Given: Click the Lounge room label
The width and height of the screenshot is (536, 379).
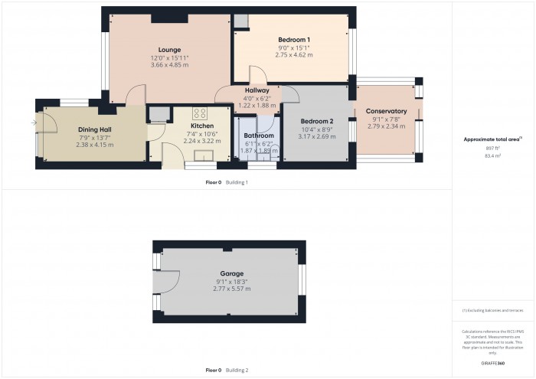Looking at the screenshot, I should click(x=169, y=50).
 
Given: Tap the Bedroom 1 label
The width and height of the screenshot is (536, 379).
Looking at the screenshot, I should click(x=294, y=40).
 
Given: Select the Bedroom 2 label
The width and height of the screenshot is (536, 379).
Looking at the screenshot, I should click(x=318, y=122).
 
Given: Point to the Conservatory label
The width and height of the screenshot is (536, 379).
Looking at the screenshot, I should click(x=386, y=112).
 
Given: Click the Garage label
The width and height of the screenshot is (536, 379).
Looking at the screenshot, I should click(x=233, y=273).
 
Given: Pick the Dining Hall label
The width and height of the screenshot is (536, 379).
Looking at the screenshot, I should click(x=95, y=129).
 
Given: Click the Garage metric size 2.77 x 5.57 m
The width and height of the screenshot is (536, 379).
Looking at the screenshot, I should click(x=233, y=289).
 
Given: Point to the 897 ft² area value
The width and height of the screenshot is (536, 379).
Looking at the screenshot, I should click(x=492, y=149).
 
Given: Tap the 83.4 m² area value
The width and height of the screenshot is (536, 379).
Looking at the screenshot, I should click(x=492, y=155).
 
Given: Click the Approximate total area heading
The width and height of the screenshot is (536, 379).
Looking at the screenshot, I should click(x=492, y=139).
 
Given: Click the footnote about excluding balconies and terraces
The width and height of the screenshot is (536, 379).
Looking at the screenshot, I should click(x=492, y=311).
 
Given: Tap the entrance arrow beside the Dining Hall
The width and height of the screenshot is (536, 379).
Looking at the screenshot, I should click(x=34, y=122).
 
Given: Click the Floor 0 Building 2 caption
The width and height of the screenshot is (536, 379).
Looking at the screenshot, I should click(x=227, y=370).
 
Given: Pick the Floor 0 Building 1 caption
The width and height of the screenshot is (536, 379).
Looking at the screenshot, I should click(x=227, y=182).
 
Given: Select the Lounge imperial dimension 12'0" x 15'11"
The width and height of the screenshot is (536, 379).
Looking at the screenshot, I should click(x=169, y=57).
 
